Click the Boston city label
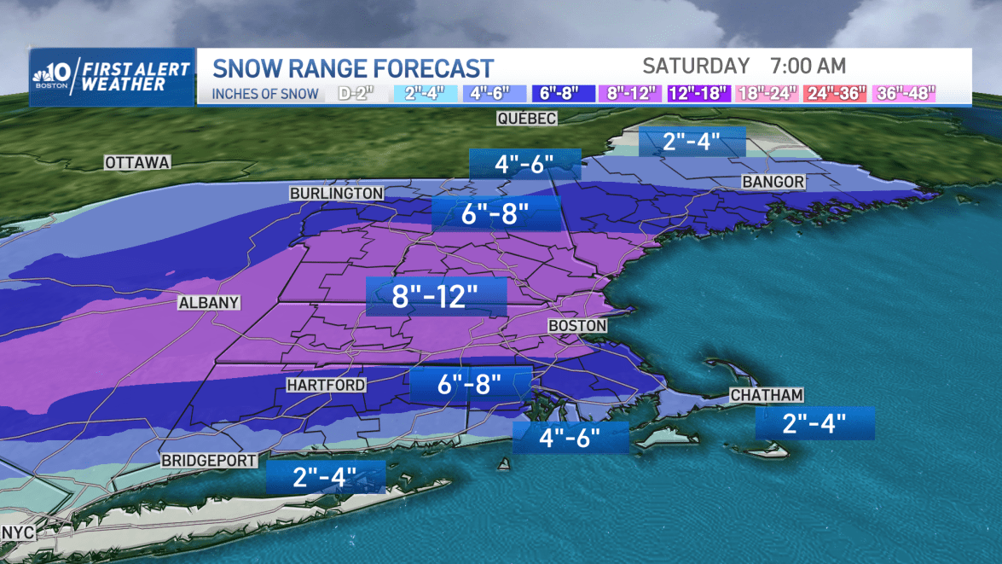577,326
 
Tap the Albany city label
209,303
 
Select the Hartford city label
326,386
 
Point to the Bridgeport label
209,461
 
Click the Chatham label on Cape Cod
767,395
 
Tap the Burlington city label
336,194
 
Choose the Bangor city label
773,182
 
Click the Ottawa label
137,162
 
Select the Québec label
528,119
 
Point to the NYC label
17,532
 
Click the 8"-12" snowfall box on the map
436,298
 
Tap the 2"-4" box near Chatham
814,422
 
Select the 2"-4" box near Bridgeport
325,476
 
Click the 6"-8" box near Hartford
470,384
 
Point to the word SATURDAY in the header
696,66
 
